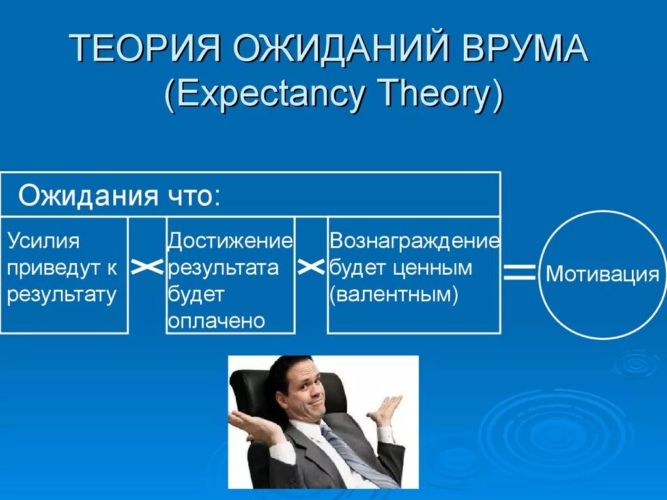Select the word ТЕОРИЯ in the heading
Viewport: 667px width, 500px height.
144,48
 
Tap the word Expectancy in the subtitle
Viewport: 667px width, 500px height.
264,94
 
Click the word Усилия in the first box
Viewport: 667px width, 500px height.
44,241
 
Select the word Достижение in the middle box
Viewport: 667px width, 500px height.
230,241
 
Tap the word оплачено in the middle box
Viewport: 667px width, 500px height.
216,321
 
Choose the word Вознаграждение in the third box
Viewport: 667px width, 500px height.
415,241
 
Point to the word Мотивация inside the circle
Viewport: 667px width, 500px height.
602,274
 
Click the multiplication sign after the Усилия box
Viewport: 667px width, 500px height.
147,267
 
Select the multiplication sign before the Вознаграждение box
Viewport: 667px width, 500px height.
311,267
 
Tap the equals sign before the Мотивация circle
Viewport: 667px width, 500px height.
519,273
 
